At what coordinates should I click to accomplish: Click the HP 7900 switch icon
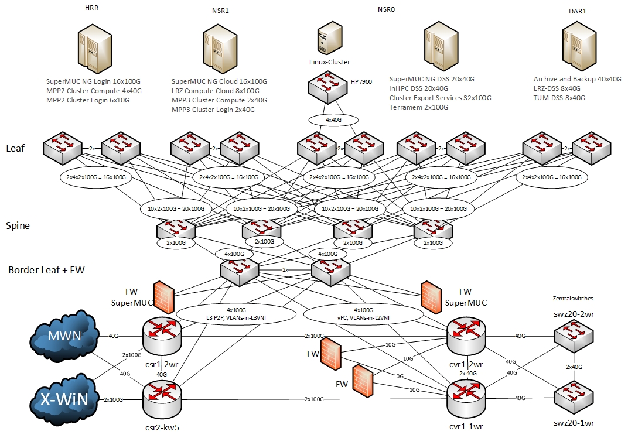click(328, 88)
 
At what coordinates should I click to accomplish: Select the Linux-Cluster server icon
click(329, 40)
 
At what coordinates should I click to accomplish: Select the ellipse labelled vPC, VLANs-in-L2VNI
click(363, 313)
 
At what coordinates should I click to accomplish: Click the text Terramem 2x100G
click(419, 107)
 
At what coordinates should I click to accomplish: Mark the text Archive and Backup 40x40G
click(577, 79)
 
